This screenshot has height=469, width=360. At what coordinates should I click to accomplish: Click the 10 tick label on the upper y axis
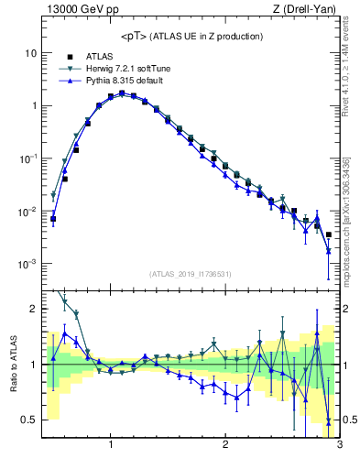pos(30,53)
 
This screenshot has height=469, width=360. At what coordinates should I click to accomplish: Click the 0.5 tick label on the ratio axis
pos(28,420)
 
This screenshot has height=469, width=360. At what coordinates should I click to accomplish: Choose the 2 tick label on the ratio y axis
pos(32,309)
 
